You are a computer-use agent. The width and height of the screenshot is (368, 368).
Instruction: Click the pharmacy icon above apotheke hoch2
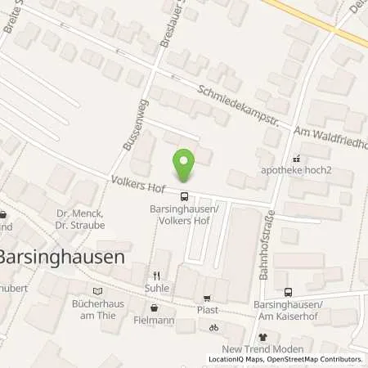(x=296, y=159)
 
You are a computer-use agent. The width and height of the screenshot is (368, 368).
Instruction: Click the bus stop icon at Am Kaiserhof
(x=287, y=292)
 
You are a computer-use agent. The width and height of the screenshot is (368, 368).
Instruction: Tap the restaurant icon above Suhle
(x=155, y=276)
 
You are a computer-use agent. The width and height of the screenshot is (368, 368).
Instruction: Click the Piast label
(x=208, y=311)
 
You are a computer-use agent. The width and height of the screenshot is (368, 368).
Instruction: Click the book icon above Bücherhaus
(x=99, y=290)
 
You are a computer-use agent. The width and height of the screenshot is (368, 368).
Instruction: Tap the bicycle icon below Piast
(x=214, y=327)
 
